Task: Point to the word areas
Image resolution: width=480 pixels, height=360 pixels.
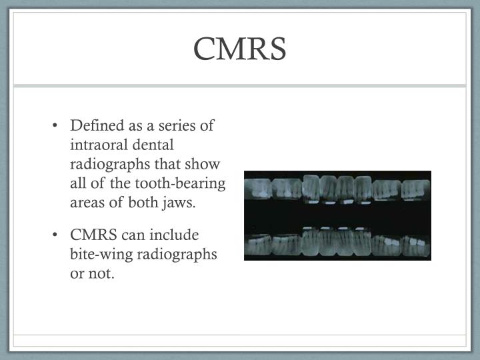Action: click(87, 203)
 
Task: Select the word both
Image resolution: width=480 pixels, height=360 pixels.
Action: click(144, 203)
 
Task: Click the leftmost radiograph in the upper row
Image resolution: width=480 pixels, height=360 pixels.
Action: click(260, 189)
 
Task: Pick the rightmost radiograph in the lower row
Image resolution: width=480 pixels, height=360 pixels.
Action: click(416, 246)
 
